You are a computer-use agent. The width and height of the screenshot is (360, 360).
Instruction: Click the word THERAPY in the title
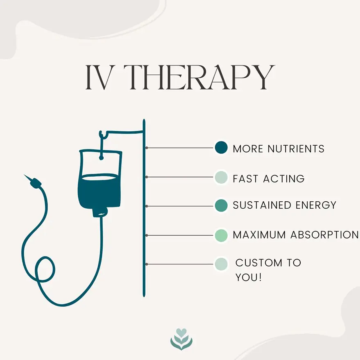pos(199,77)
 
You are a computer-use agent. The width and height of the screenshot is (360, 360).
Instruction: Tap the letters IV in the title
pos(97,77)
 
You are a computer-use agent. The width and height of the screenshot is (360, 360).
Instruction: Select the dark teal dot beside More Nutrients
pos(221,148)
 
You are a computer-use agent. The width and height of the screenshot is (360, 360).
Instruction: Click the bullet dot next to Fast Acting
pos(221,177)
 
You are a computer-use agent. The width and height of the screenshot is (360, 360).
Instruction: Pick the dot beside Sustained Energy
pos(221,205)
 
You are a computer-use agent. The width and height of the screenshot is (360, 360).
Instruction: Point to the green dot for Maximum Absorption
pos(221,235)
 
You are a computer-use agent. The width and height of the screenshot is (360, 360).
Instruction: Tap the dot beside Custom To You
pos(221,264)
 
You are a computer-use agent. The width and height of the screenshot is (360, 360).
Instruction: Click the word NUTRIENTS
pos(296,149)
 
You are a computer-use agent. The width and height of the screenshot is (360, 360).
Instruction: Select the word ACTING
pos(284,179)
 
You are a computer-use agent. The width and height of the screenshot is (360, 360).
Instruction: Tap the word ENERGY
pos(316,205)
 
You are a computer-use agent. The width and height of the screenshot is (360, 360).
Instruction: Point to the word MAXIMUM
pos(259,235)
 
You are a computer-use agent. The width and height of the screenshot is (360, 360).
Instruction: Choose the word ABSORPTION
pos(325,235)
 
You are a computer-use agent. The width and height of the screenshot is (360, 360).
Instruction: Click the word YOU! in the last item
pos(248,277)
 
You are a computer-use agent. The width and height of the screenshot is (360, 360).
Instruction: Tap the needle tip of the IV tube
pos(24,175)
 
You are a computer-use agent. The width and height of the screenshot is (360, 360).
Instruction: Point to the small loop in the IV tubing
pos(45,269)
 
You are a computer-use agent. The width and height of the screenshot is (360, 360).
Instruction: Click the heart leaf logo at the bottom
pos(181,339)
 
